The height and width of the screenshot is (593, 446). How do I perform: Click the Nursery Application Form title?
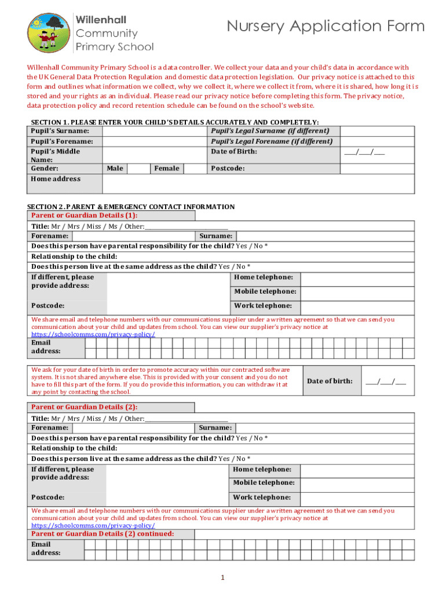coord(326,27)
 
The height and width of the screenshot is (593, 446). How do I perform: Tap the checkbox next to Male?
coord(139,169)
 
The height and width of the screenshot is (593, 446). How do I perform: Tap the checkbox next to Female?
coord(195,169)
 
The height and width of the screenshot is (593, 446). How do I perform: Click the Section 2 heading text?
coord(131,207)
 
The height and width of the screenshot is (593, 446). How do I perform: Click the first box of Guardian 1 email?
coord(90,347)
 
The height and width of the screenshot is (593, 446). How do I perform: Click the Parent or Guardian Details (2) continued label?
coord(102,534)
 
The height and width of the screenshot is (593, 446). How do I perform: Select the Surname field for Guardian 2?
coord(324,427)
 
